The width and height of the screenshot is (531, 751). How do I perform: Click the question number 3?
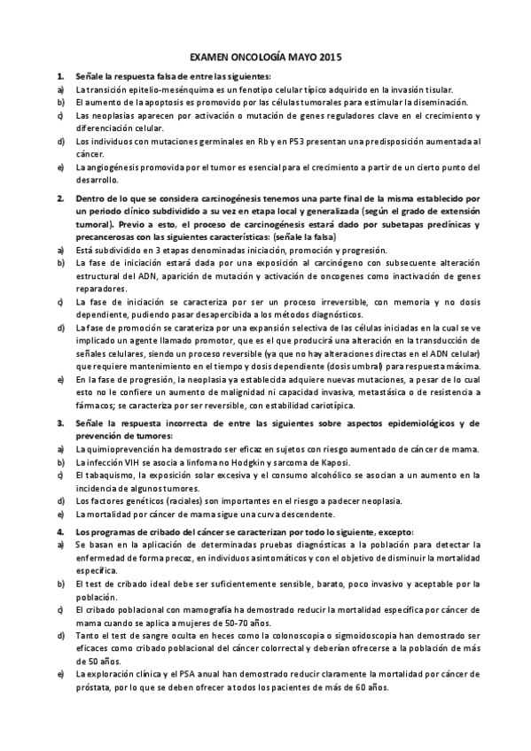click(x=59, y=424)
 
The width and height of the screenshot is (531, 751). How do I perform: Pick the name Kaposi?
click(x=332, y=463)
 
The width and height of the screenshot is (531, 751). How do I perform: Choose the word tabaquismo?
click(x=111, y=476)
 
